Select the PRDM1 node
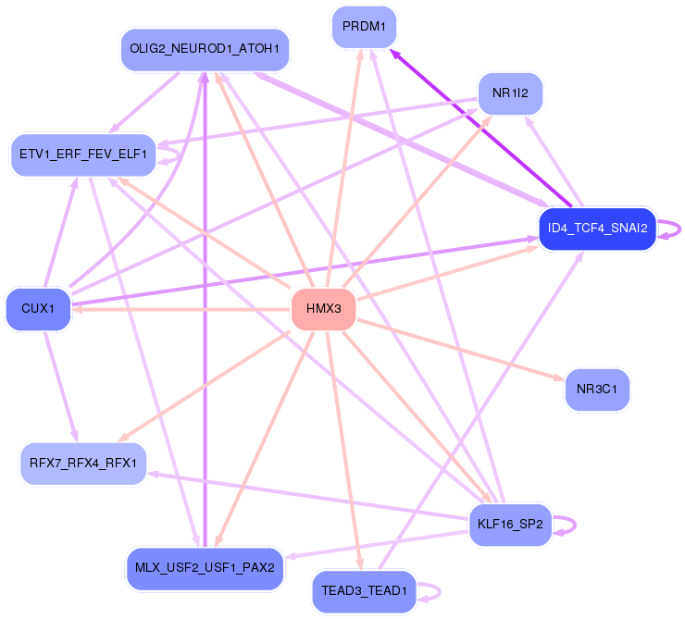(364, 26)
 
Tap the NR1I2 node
(509, 93)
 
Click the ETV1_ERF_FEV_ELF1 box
(81, 155)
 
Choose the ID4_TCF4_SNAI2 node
(597, 228)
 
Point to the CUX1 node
(38, 309)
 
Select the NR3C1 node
(597, 389)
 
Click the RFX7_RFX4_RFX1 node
(83, 463)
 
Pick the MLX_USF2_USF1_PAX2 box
(204, 567)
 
